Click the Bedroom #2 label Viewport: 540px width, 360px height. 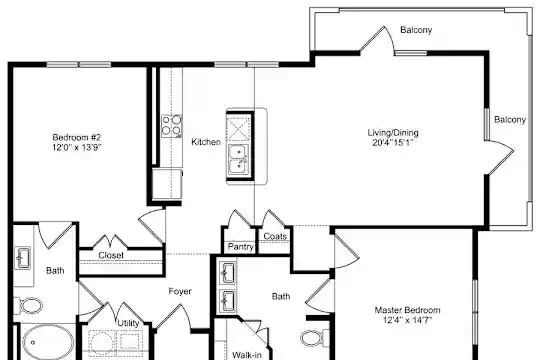coord(76,137)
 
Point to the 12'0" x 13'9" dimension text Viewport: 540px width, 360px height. coord(76,147)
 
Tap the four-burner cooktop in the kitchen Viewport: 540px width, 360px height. coord(172,125)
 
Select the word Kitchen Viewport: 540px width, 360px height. coord(206,142)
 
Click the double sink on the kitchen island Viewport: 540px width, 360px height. coord(239,159)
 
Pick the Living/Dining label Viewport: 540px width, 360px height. coord(393,133)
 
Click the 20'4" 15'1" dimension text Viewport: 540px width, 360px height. coord(393,143)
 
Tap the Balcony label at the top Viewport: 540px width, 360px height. coord(416,30)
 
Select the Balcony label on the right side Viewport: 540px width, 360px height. coord(510,120)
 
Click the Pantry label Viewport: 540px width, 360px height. coord(241,247)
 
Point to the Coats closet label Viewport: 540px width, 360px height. coord(275,236)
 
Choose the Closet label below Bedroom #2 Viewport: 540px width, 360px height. coord(111,255)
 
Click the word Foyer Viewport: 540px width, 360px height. coord(180,291)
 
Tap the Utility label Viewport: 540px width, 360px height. coord(128,323)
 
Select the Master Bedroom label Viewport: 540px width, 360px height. coord(407,310)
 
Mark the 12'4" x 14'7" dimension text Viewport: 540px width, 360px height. coord(407,320)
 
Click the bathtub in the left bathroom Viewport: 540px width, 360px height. coord(48,343)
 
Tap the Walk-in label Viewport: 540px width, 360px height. coord(247,355)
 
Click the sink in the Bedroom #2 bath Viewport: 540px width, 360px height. coord(23,258)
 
